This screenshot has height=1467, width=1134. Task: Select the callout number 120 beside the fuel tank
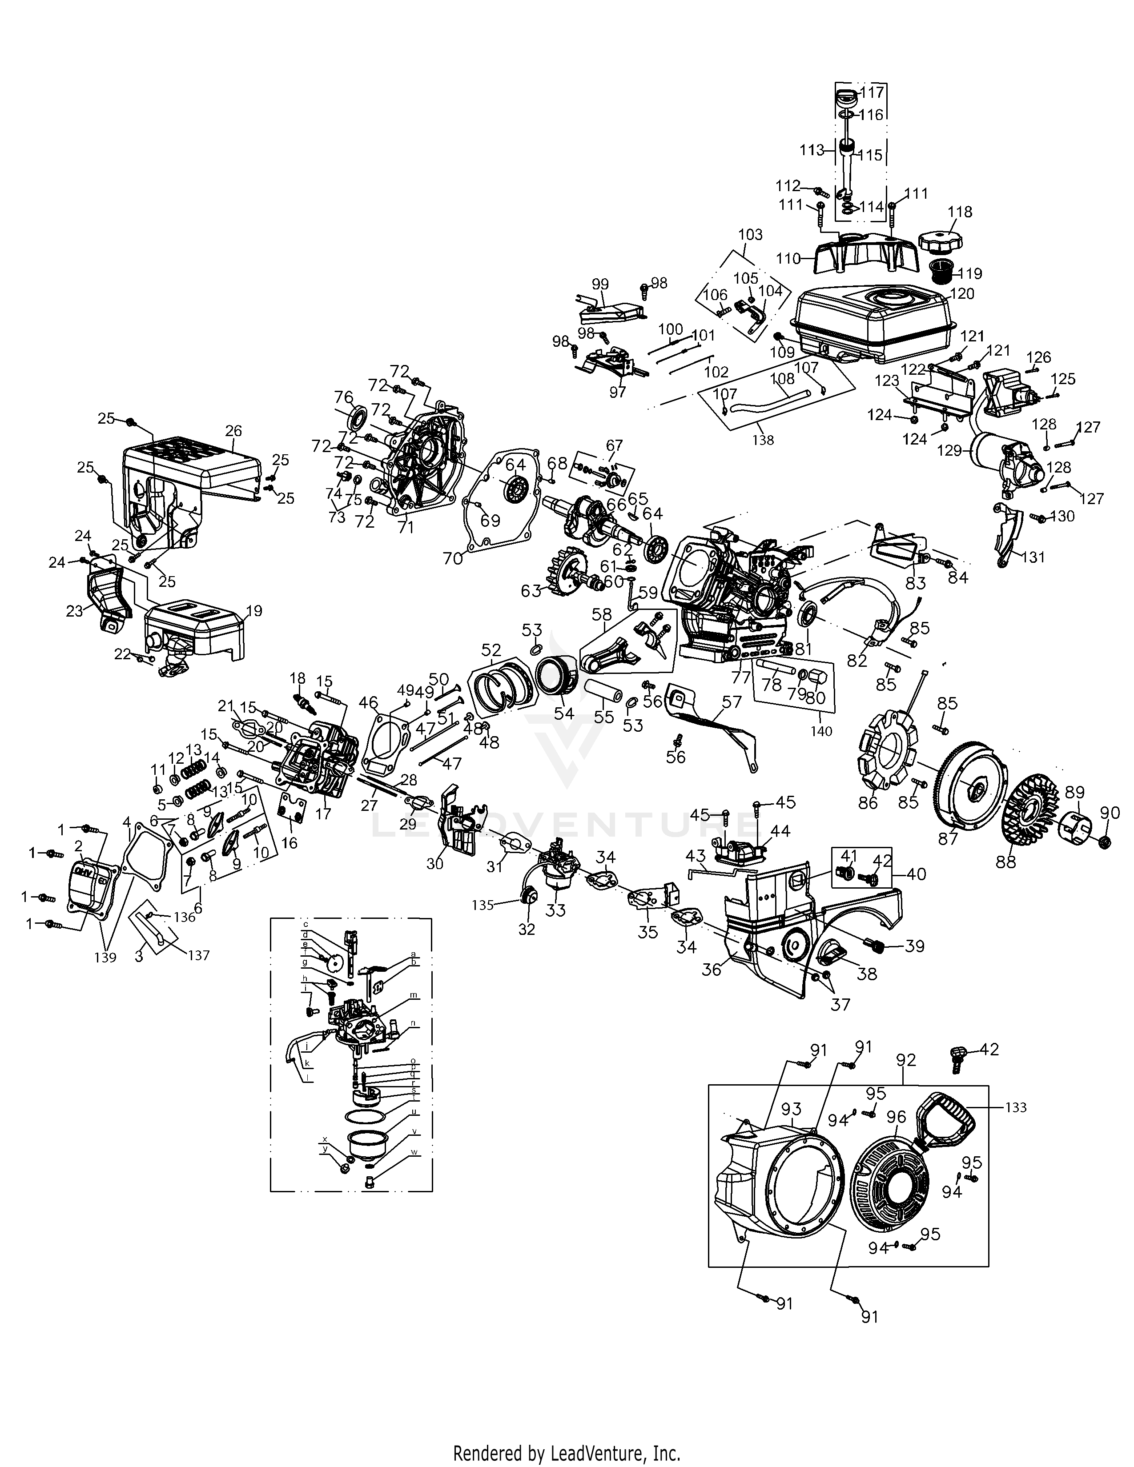coord(962,293)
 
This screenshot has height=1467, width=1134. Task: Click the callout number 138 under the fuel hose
coord(763,440)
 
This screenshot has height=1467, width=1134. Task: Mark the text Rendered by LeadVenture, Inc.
coord(566,1448)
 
